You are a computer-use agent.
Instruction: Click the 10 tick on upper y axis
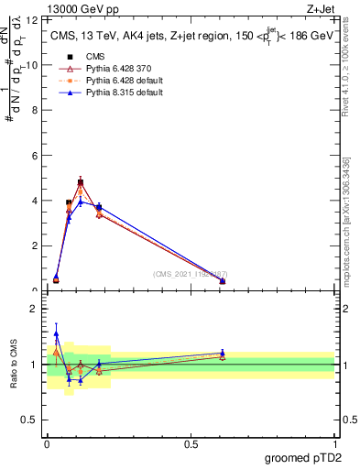(x=33, y=65)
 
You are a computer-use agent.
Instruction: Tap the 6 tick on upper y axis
(x=33, y=156)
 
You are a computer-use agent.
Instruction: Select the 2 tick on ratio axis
(x=33, y=310)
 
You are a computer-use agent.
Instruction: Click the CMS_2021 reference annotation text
(x=191, y=274)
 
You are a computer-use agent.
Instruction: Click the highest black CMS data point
(x=81, y=183)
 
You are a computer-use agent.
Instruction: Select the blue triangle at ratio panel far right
(x=223, y=353)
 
